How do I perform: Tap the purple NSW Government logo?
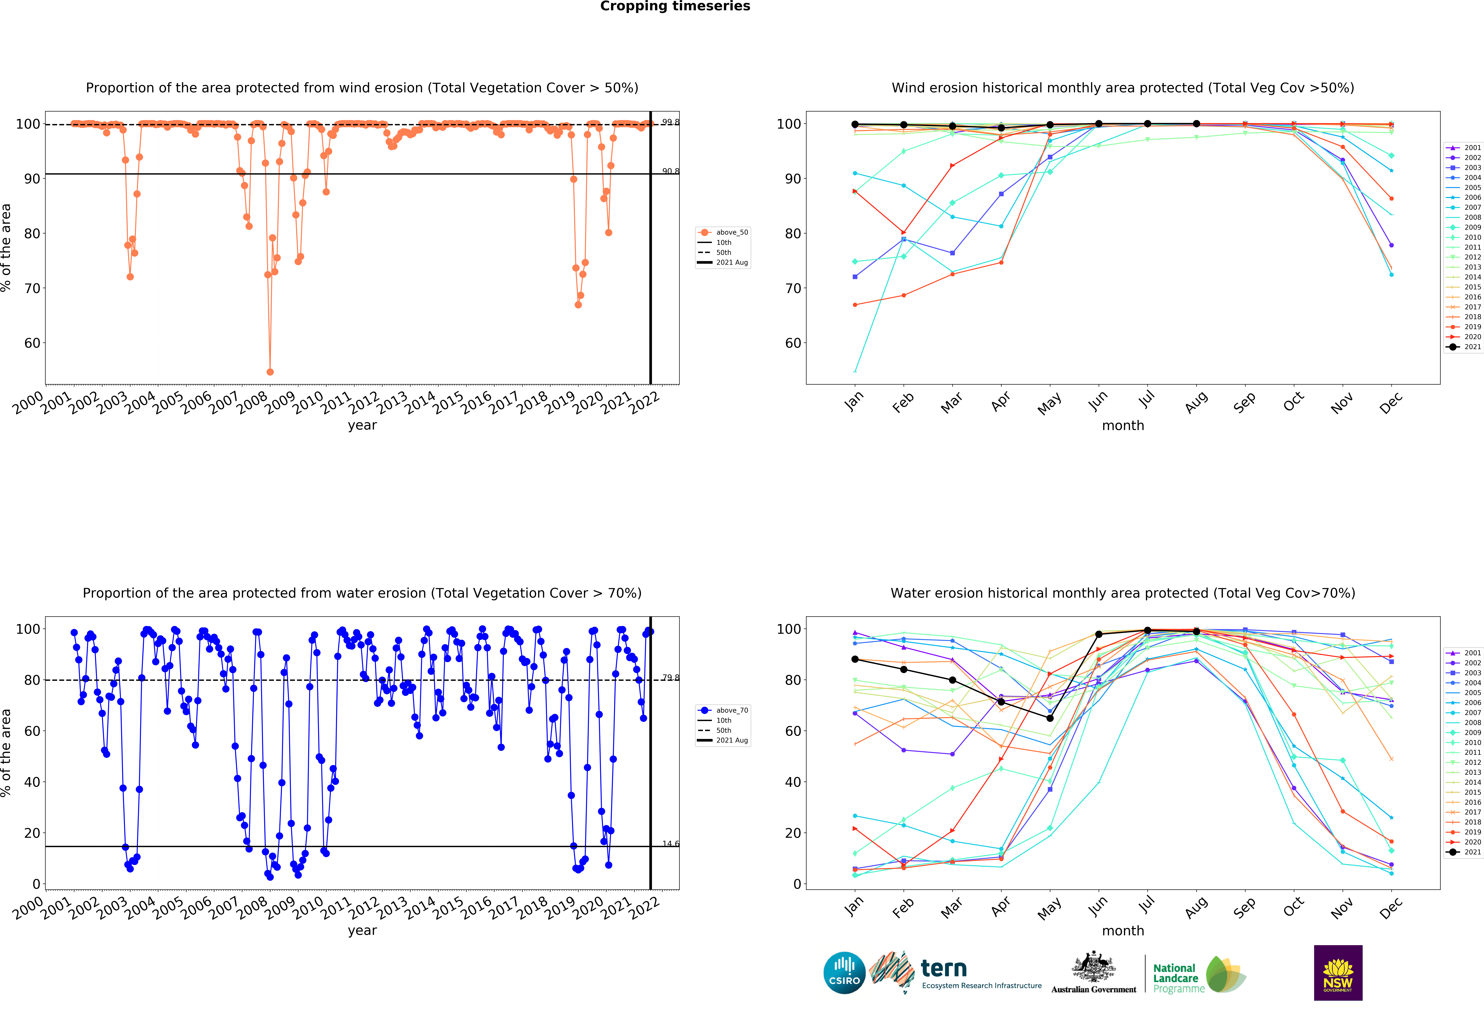point(1338,972)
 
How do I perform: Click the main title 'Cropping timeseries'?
point(675,6)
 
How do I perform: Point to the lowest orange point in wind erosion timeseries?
point(270,372)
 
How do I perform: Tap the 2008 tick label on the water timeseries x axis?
point(252,907)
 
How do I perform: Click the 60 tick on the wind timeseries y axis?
point(32,343)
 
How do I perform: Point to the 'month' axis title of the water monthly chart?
point(1123,930)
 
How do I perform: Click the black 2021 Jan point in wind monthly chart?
point(855,125)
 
